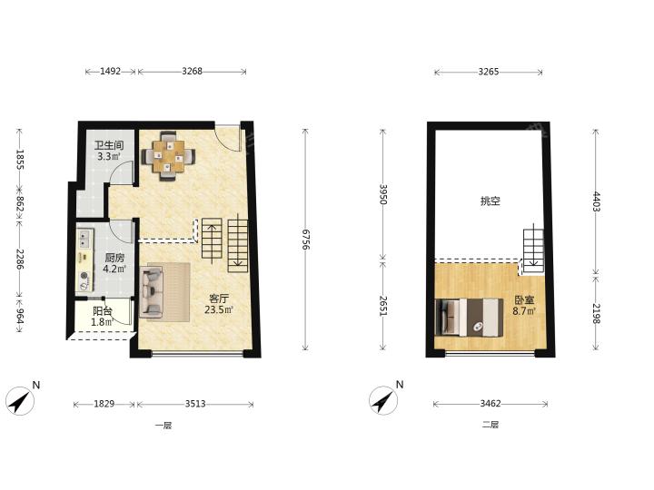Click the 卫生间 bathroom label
[109, 146]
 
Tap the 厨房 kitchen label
[114, 258]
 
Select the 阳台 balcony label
[102, 311]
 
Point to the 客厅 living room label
[219, 299]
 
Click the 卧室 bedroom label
[524, 299]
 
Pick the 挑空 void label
[490, 201]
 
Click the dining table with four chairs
[168, 156]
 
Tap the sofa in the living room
[152, 291]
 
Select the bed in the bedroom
[469, 317]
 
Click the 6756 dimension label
[306, 240]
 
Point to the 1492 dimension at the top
[110, 72]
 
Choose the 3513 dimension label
[195, 404]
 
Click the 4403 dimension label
[597, 201]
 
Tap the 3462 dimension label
[490, 403]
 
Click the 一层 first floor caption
[163, 426]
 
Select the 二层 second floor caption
[490, 425]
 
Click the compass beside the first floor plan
[21, 401]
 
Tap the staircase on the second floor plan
[534, 251]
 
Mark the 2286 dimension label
[20, 259]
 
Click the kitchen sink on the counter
[85, 238]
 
